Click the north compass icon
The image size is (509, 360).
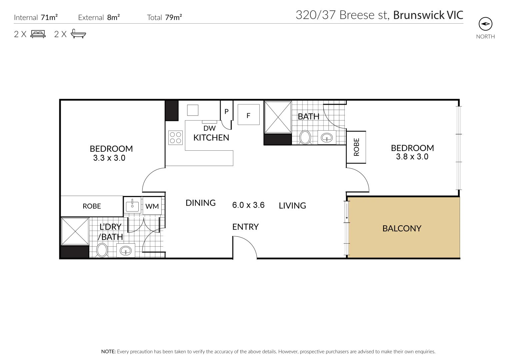485,24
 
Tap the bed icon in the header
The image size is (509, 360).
38,34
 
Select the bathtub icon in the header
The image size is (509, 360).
78,34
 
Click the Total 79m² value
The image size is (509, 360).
173,18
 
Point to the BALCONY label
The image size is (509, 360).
402,228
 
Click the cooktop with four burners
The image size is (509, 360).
176,138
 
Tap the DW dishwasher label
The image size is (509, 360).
209,128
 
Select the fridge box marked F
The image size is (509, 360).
248,115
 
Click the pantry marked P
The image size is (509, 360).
226,112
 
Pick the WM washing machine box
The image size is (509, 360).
152,206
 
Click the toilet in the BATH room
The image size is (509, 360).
305,137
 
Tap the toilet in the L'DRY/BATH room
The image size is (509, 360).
102,250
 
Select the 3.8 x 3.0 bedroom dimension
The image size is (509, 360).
412,157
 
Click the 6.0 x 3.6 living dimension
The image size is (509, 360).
248,205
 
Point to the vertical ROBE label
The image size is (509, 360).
356,147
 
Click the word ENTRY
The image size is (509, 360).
245,227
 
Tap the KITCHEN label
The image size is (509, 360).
211,137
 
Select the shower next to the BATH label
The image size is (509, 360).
278,117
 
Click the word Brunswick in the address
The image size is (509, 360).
414,15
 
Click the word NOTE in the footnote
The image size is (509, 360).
108,351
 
